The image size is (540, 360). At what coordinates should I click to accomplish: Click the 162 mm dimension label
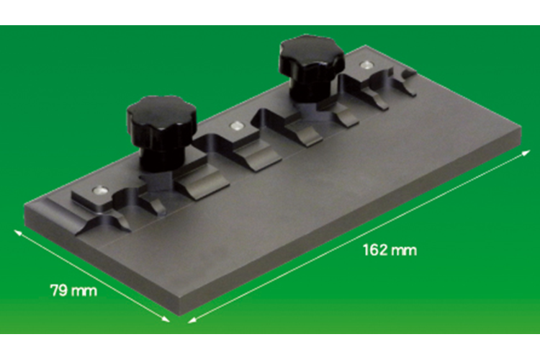coord(389,251)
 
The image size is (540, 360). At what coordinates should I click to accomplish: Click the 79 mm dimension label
coord(73,292)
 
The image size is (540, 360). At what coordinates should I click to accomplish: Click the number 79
coord(59,292)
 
